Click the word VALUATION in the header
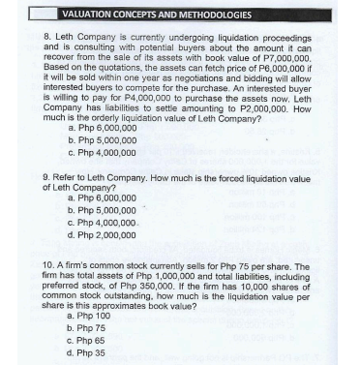click(x=88, y=15)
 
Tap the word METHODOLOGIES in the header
click(x=212, y=15)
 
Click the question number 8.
click(x=47, y=35)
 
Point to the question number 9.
click(x=47, y=178)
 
